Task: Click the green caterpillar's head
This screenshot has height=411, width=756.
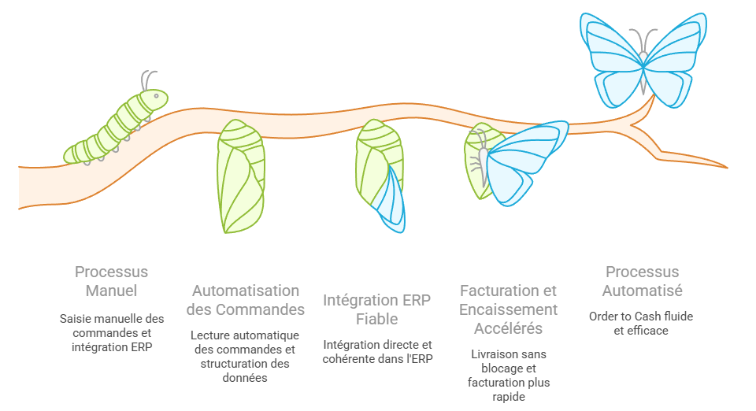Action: point(155,99)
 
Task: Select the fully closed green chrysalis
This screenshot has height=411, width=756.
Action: point(240,176)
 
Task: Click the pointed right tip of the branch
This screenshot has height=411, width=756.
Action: point(723,165)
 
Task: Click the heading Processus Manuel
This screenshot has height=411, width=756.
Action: point(111,281)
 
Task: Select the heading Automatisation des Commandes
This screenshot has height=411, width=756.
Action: point(246,300)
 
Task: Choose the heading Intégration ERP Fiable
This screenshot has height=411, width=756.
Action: point(376,309)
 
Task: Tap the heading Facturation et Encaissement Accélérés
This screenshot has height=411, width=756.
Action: point(509,309)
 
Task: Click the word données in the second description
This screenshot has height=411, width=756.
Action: point(246,378)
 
